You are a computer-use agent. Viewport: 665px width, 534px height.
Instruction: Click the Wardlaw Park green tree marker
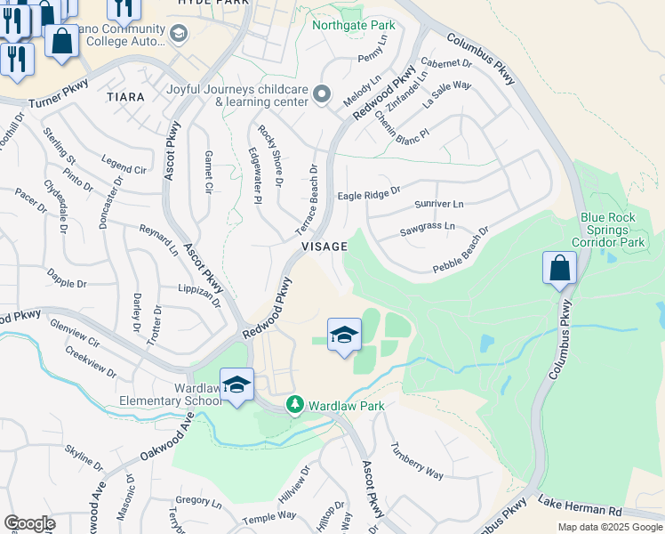pyautogui.click(x=295, y=406)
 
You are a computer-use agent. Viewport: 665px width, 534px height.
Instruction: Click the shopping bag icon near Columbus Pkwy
pyautogui.click(x=559, y=268)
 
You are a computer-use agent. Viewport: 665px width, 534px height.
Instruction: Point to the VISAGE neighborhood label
pyautogui.click(x=324, y=247)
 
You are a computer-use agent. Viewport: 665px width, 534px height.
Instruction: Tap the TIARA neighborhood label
pyautogui.click(x=124, y=96)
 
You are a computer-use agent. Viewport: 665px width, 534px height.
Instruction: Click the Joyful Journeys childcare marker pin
pyautogui.click(x=322, y=93)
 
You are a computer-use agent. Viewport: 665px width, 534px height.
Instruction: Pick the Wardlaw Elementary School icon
pyautogui.click(x=236, y=384)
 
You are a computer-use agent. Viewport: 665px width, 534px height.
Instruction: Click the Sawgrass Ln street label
pyautogui.click(x=428, y=227)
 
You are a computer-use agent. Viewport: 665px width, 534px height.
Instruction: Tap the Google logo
pyautogui.click(x=29, y=523)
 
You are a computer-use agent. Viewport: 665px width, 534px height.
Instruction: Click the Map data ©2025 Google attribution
pyautogui.click(x=611, y=527)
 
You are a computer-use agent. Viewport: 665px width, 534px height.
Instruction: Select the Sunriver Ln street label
pyautogui.click(x=439, y=204)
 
